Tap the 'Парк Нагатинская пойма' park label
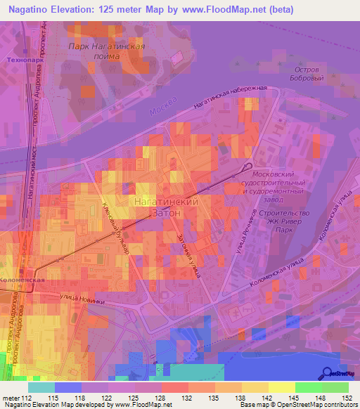pyautogui.click(x=107, y=51)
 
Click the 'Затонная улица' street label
pyautogui.click(x=188, y=254)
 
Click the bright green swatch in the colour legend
pyautogui.click(x=308, y=387)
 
